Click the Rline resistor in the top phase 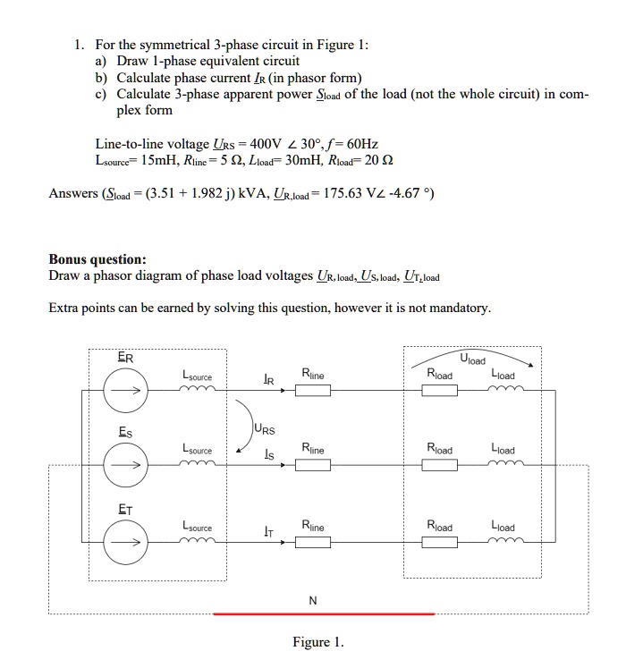tap(314, 390)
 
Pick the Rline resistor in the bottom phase tap(314, 540)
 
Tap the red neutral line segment tap(324, 614)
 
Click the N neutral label tap(312, 600)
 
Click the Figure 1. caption tap(317, 641)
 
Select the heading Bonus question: tap(97, 259)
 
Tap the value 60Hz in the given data tap(359, 143)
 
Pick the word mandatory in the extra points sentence tap(461, 309)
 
